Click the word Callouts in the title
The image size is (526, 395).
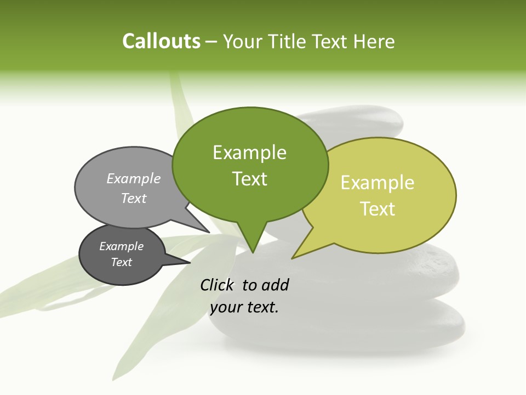tap(161, 41)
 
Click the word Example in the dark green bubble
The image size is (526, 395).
tap(249, 153)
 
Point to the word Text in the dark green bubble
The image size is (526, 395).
tap(249, 179)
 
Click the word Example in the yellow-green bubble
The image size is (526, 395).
tap(378, 183)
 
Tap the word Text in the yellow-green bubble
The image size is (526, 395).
tap(378, 209)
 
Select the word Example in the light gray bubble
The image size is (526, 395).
tap(134, 178)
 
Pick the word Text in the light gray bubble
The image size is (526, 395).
tap(134, 198)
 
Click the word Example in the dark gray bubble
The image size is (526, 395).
tap(121, 246)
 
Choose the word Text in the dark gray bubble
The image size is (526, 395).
tap(121, 262)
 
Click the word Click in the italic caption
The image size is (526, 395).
tap(218, 285)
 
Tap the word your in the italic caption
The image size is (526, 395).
tap(225, 307)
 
